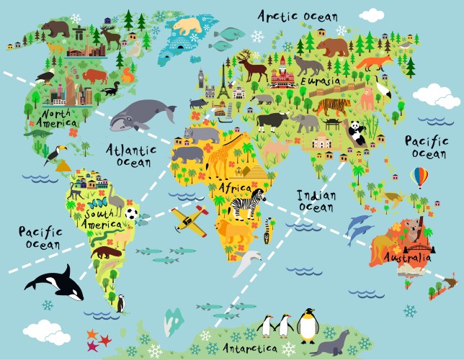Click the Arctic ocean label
coord(307,16)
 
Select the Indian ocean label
coord(316,201)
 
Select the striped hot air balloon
coord(419,176)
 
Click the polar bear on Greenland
coord(189,27)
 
